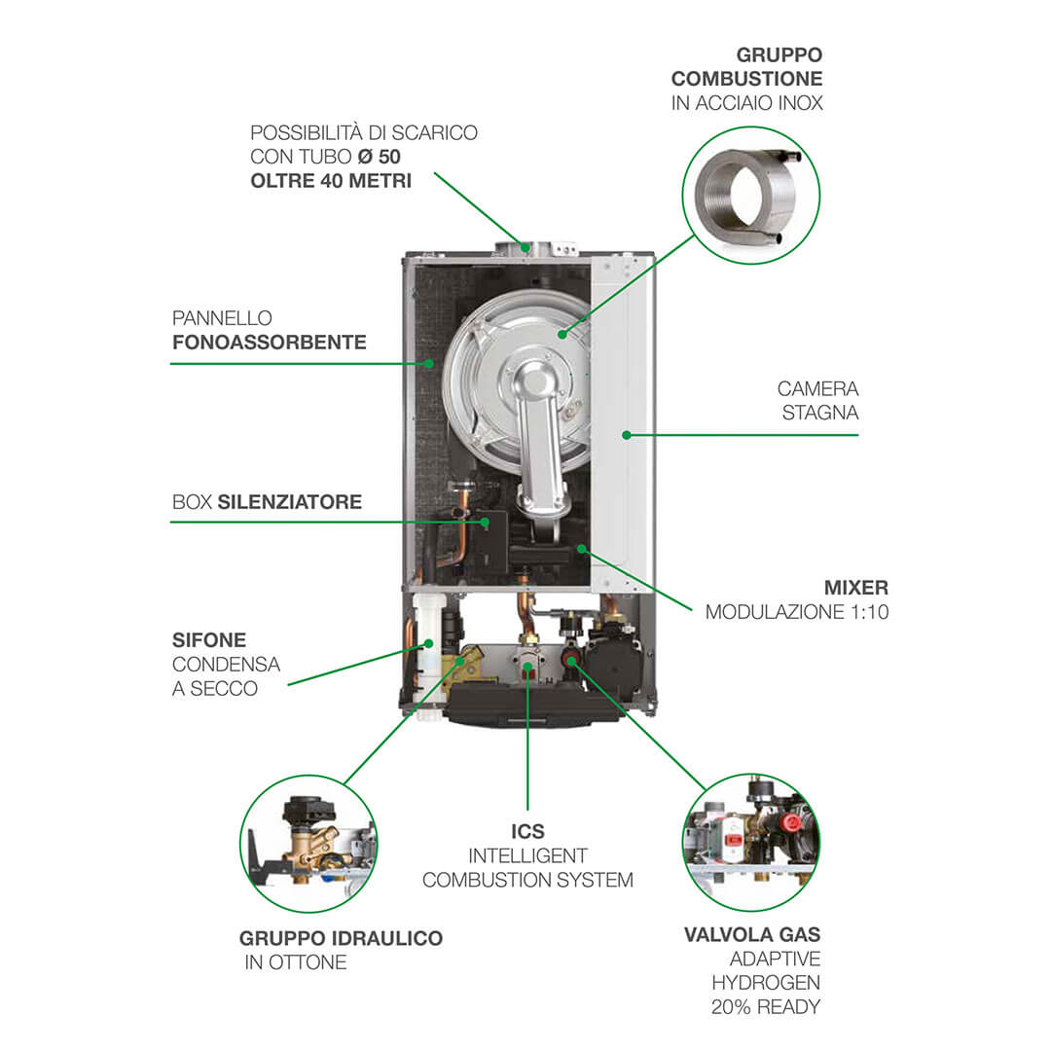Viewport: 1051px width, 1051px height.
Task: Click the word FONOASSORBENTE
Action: point(270,343)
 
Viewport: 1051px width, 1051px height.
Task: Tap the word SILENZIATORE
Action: point(290,502)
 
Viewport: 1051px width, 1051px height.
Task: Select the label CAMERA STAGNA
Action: point(817,400)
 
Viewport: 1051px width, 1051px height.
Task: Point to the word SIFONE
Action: point(209,640)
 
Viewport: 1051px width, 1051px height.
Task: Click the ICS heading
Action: point(527,832)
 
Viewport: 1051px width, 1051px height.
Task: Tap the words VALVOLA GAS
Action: point(751,935)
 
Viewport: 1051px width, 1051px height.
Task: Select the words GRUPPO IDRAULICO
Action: point(341,939)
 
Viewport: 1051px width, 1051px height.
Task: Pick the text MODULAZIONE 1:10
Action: point(797,613)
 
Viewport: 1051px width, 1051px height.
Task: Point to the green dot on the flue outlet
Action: point(525,248)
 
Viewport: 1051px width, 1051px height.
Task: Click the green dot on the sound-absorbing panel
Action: point(429,363)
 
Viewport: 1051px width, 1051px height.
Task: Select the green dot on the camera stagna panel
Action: point(626,434)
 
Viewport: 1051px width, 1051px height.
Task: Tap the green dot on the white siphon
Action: point(426,642)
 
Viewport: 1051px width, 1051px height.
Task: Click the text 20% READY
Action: point(766,1007)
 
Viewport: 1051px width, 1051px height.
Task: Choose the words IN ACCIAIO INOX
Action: point(746,103)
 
